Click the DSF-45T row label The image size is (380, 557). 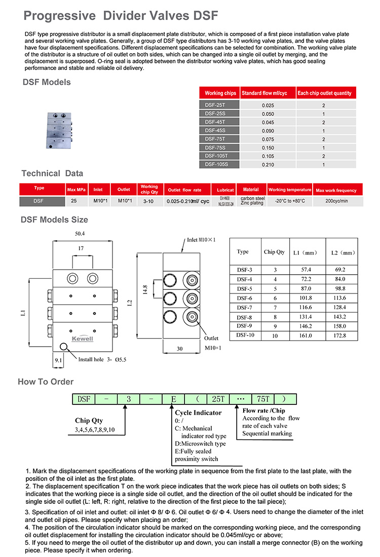click(x=216, y=122)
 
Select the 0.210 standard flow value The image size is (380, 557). click(x=268, y=165)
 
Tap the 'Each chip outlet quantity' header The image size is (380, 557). click(x=324, y=93)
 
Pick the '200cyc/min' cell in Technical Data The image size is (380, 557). click(x=336, y=201)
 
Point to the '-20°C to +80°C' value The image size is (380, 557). click(x=289, y=201)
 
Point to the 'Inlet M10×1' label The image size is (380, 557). click(x=201, y=239)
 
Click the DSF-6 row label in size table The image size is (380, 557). click(x=245, y=298)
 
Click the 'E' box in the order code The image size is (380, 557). click(x=173, y=399)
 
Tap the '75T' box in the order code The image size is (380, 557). click(x=263, y=399)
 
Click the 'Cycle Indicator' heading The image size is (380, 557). click(x=198, y=413)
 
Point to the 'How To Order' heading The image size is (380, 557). click(x=46, y=382)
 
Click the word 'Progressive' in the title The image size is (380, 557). click(x=59, y=16)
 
